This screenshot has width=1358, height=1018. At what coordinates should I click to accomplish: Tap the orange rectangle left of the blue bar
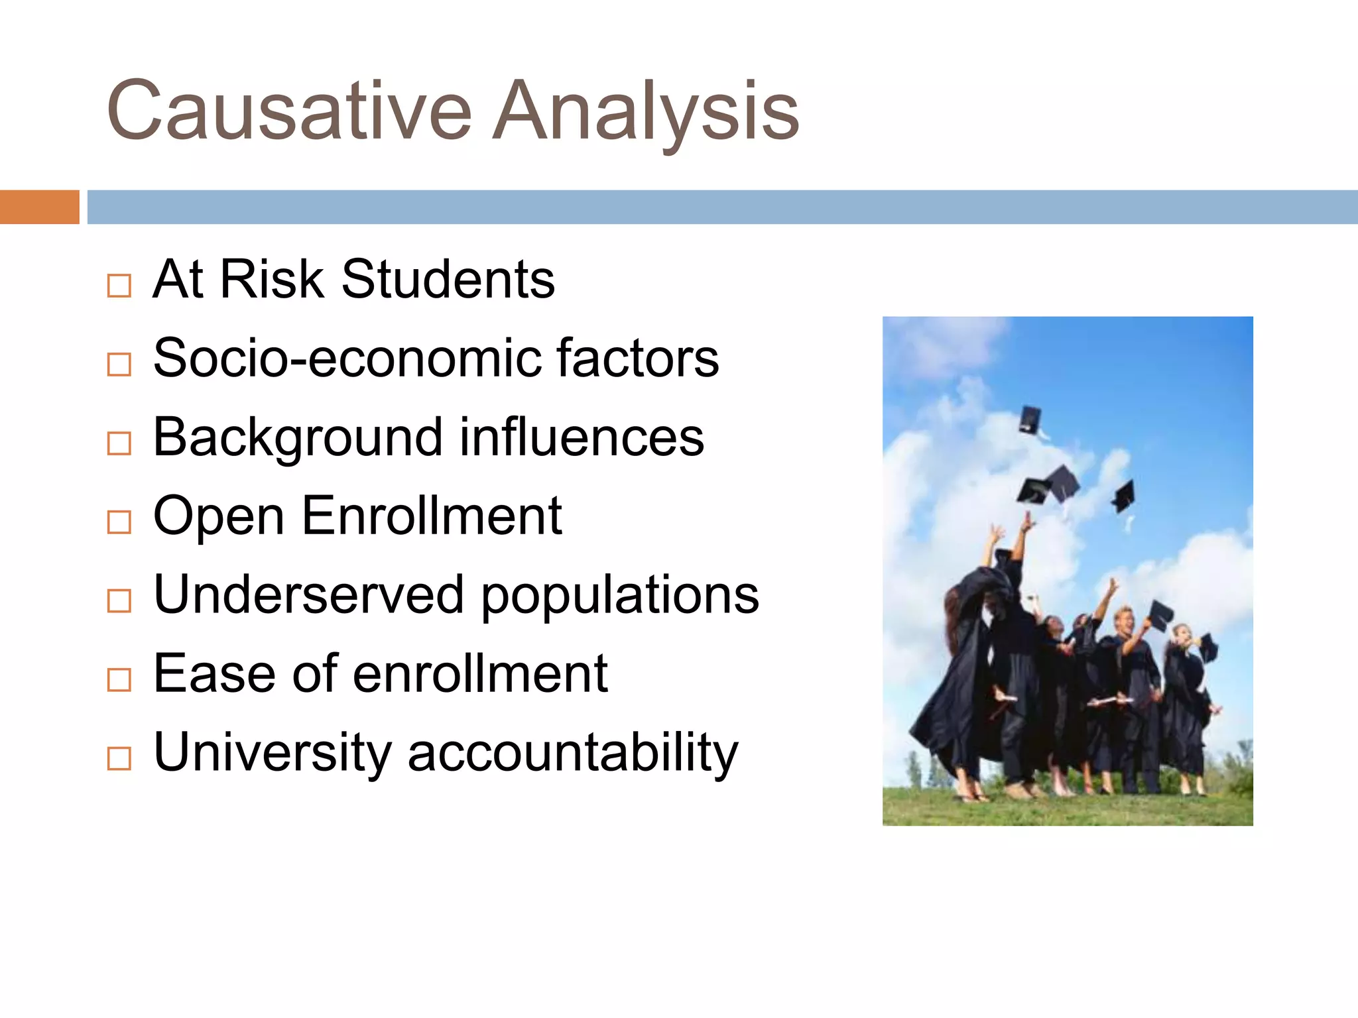point(39,207)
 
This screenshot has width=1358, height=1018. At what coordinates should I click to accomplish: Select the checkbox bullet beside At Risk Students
point(119,286)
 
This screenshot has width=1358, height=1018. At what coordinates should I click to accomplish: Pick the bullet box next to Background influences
point(119,443)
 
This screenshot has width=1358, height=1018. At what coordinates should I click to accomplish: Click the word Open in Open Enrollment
point(219,516)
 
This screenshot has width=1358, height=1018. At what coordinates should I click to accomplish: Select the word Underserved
point(308,594)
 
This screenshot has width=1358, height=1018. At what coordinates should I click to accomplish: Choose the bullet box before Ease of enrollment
point(119,679)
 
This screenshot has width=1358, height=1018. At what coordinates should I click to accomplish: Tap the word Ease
point(214,673)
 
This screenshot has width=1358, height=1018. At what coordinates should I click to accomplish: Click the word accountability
point(573,752)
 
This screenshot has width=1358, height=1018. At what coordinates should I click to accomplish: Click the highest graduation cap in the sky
point(1030,420)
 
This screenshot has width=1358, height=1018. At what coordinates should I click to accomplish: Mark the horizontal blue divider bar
point(722,207)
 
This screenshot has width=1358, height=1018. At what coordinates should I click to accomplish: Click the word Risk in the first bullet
point(272,279)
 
